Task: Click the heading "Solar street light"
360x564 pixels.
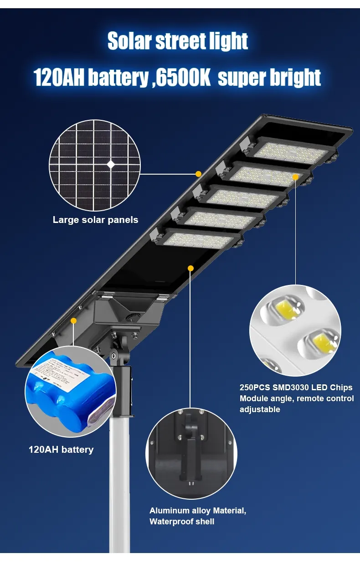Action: pos(178,41)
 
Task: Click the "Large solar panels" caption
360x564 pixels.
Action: pos(95,220)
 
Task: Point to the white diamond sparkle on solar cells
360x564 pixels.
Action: pos(111,165)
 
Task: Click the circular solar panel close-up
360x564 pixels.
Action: pos(94,165)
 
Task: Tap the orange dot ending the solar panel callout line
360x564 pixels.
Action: pos(198,174)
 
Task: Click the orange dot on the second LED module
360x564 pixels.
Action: pos(295,176)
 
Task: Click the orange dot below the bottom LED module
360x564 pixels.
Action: pos(191,268)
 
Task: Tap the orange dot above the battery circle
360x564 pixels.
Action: pos(73,321)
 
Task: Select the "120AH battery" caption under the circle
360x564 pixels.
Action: pos(61,450)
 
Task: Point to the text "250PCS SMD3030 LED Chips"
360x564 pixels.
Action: pos(296,388)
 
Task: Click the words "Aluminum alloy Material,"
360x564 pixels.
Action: pos(198,511)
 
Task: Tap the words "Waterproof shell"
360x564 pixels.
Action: pos(182,522)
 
